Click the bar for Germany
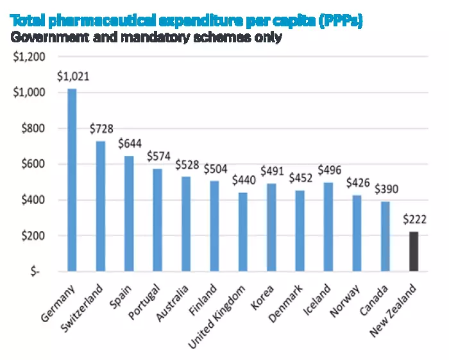point(72,180)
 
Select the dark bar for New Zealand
point(413,252)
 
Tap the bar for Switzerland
point(100,206)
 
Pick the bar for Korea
point(271,227)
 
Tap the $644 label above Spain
point(130,144)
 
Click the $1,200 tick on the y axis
point(29,56)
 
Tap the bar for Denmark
point(300,231)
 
